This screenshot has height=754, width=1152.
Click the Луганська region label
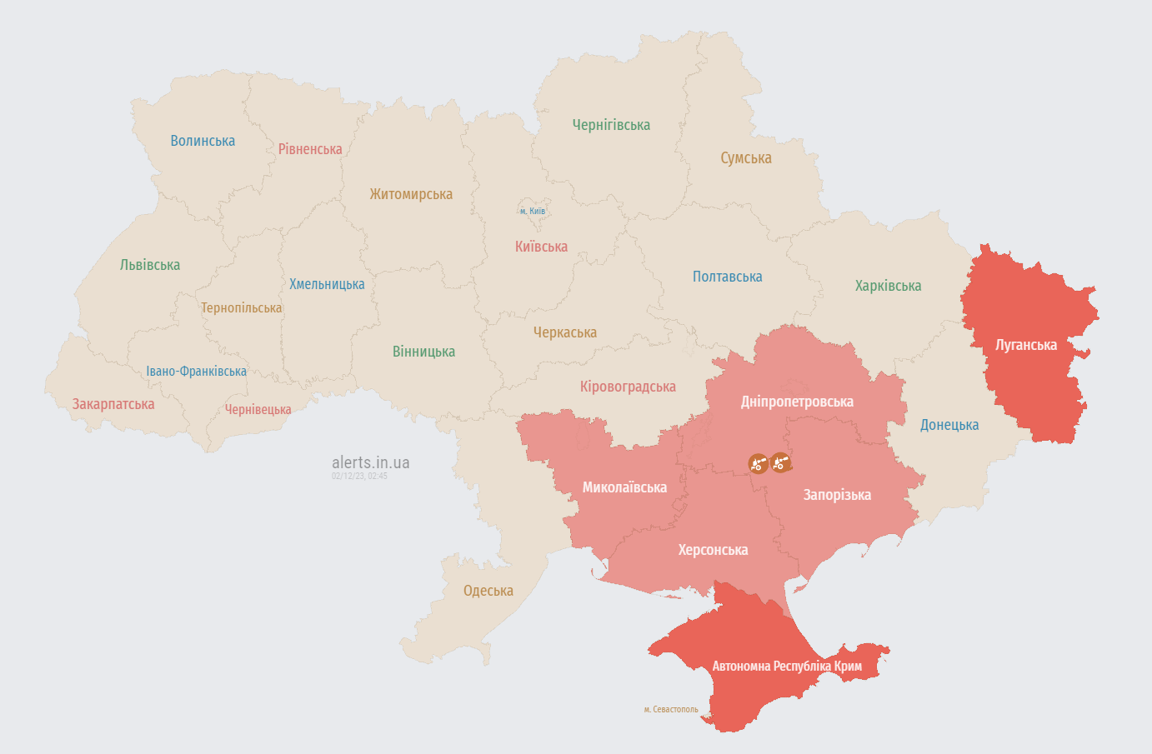[x=1026, y=345]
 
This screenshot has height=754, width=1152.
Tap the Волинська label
[x=203, y=141]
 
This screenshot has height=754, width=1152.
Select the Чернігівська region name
[x=611, y=125]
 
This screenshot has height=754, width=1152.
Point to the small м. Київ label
[x=532, y=211]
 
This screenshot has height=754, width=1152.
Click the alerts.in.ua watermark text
[x=370, y=462]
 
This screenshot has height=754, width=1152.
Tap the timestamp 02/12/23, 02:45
[x=359, y=476]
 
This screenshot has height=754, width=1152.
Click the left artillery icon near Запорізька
[x=758, y=463]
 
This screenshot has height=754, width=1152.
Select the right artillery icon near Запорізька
[x=780, y=462]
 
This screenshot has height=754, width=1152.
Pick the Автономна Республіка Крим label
[x=786, y=666]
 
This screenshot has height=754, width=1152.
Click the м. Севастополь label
[x=671, y=709]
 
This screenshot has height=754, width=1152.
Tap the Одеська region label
[x=488, y=591]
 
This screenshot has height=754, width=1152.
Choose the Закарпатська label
[x=113, y=404]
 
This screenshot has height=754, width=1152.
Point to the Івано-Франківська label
[x=197, y=371]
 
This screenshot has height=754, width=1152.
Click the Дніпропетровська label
[x=797, y=402]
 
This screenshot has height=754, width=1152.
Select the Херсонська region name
[x=713, y=550]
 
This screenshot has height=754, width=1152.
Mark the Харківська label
[x=888, y=286]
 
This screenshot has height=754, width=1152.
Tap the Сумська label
[x=746, y=158]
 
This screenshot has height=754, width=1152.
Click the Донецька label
[x=949, y=425]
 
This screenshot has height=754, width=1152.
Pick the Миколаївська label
[x=624, y=487]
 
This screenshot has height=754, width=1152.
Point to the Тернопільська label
[x=241, y=308]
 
